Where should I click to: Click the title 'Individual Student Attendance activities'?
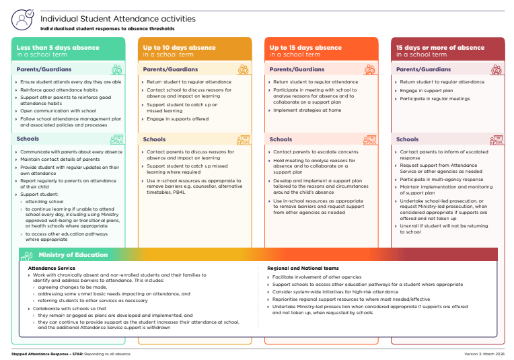[x=118, y=19]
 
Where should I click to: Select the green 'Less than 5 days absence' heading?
[x=58, y=48]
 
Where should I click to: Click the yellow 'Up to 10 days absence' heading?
[x=179, y=48]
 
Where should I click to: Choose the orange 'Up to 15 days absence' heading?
[x=305, y=48]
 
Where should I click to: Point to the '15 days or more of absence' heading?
[x=440, y=48]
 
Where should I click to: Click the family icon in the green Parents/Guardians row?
[x=117, y=69]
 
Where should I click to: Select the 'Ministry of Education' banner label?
[x=73, y=255]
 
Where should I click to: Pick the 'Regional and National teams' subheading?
[x=303, y=268]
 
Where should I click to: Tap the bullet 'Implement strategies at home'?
[x=307, y=110]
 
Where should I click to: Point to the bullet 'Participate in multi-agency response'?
[x=441, y=180]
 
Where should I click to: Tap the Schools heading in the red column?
[x=407, y=139]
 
